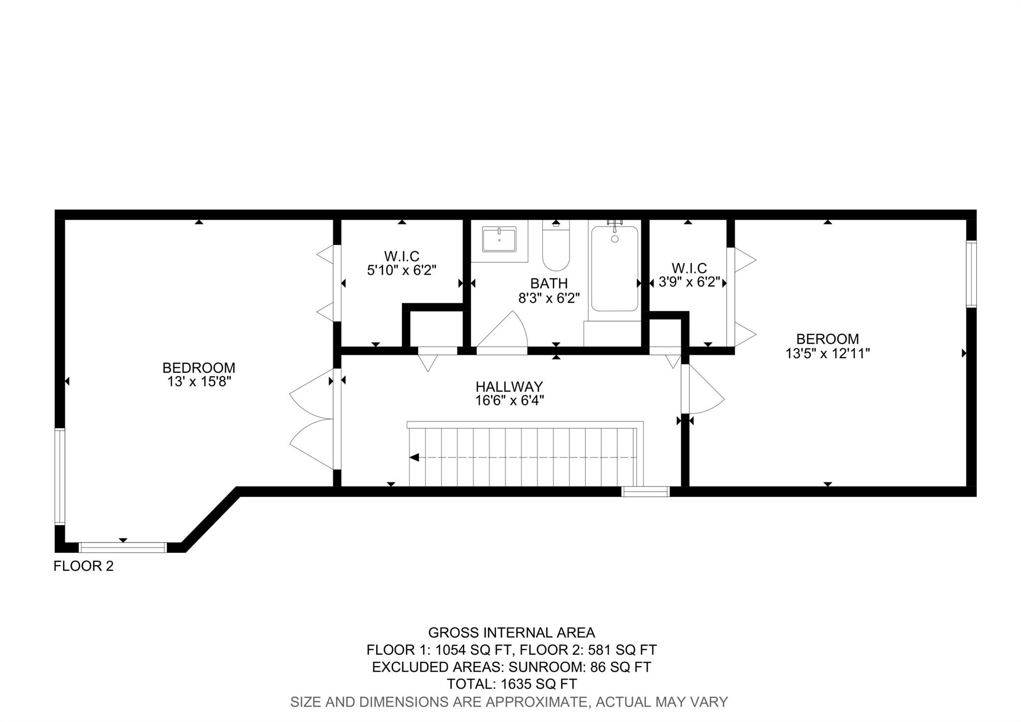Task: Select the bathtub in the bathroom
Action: click(x=615, y=268)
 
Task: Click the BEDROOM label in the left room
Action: click(x=199, y=368)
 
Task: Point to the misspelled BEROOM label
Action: click(x=828, y=339)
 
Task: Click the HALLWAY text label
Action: click(x=509, y=387)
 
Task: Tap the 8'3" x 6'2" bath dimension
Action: click(x=549, y=298)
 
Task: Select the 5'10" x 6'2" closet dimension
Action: click(x=402, y=270)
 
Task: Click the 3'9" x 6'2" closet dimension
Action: click(x=689, y=282)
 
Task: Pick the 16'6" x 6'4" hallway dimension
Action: click(x=509, y=400)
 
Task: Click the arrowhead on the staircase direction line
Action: click(x=414, y=458)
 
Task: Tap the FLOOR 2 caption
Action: click(x=84, y=566)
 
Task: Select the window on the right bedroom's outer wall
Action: click(x=971, y=274)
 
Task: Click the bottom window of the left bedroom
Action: click(x=123, y=547)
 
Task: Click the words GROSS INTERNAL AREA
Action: click(x=511, y=633)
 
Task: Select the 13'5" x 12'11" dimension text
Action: click(x=828, y=353)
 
